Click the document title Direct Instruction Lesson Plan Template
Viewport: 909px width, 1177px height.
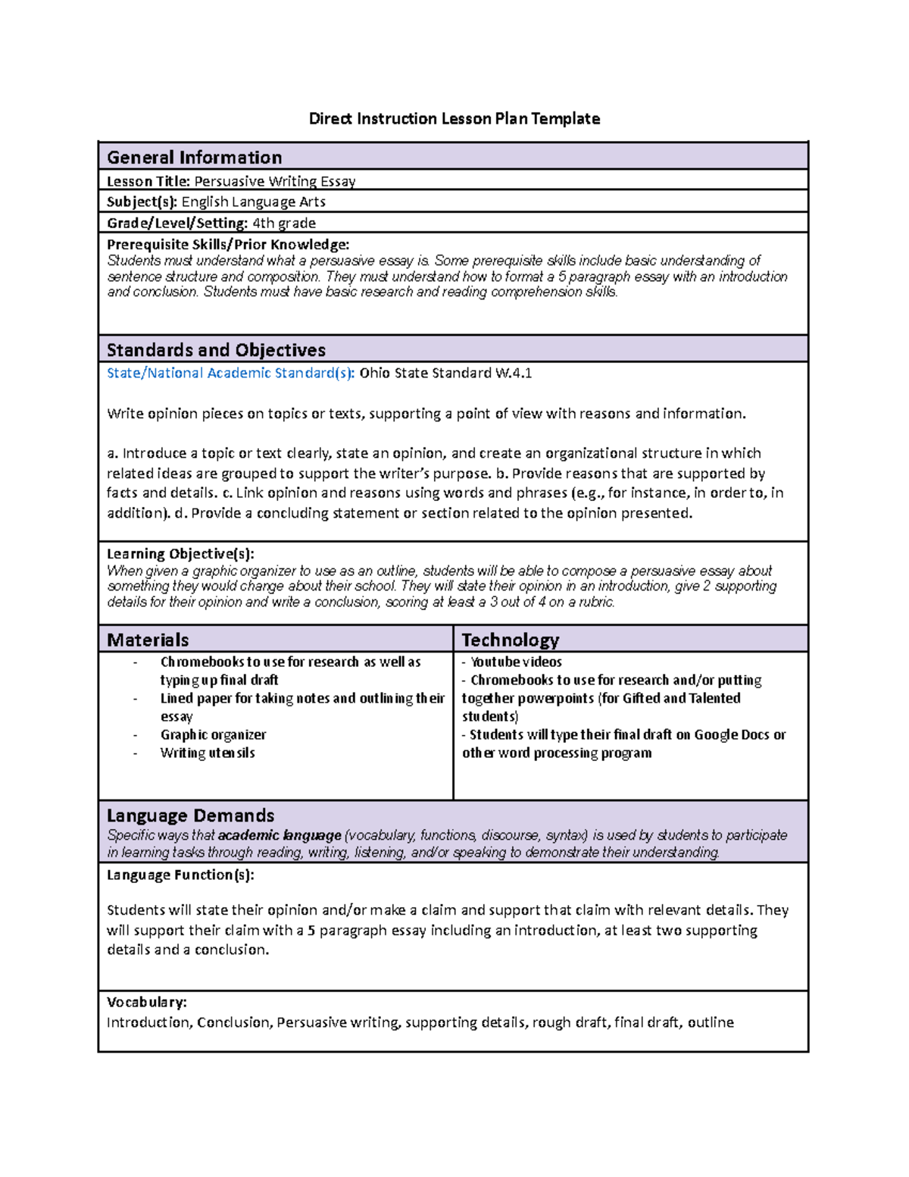pos(454,118)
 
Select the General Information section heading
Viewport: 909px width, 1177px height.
pos(195,157)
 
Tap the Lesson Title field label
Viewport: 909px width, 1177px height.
pos(148,181)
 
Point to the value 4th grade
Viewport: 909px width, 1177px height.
pos(284,223)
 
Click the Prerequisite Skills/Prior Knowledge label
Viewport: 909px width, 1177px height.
pos(228,244)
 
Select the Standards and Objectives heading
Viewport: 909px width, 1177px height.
pos(216,349)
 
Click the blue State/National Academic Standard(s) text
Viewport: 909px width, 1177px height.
pos(231,373)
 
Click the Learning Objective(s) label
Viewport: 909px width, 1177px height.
pos(180,553)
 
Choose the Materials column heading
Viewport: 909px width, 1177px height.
pos(148,640)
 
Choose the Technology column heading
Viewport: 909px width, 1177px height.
pos(511,640)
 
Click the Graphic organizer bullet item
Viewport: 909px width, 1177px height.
pos(213,734)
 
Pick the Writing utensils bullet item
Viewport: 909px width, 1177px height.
pos(208,753)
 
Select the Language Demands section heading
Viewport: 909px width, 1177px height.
pos(191,815)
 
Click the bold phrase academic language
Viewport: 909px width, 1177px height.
pos(280,835)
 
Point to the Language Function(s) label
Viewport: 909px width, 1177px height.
pos(180,875)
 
